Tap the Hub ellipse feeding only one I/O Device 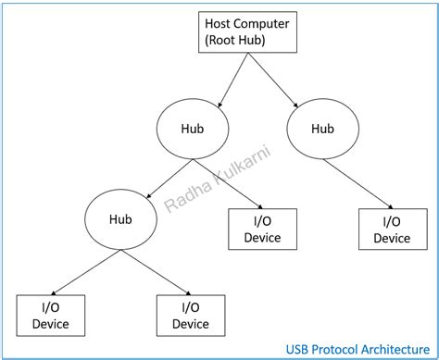322,129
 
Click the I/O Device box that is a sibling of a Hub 262,229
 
